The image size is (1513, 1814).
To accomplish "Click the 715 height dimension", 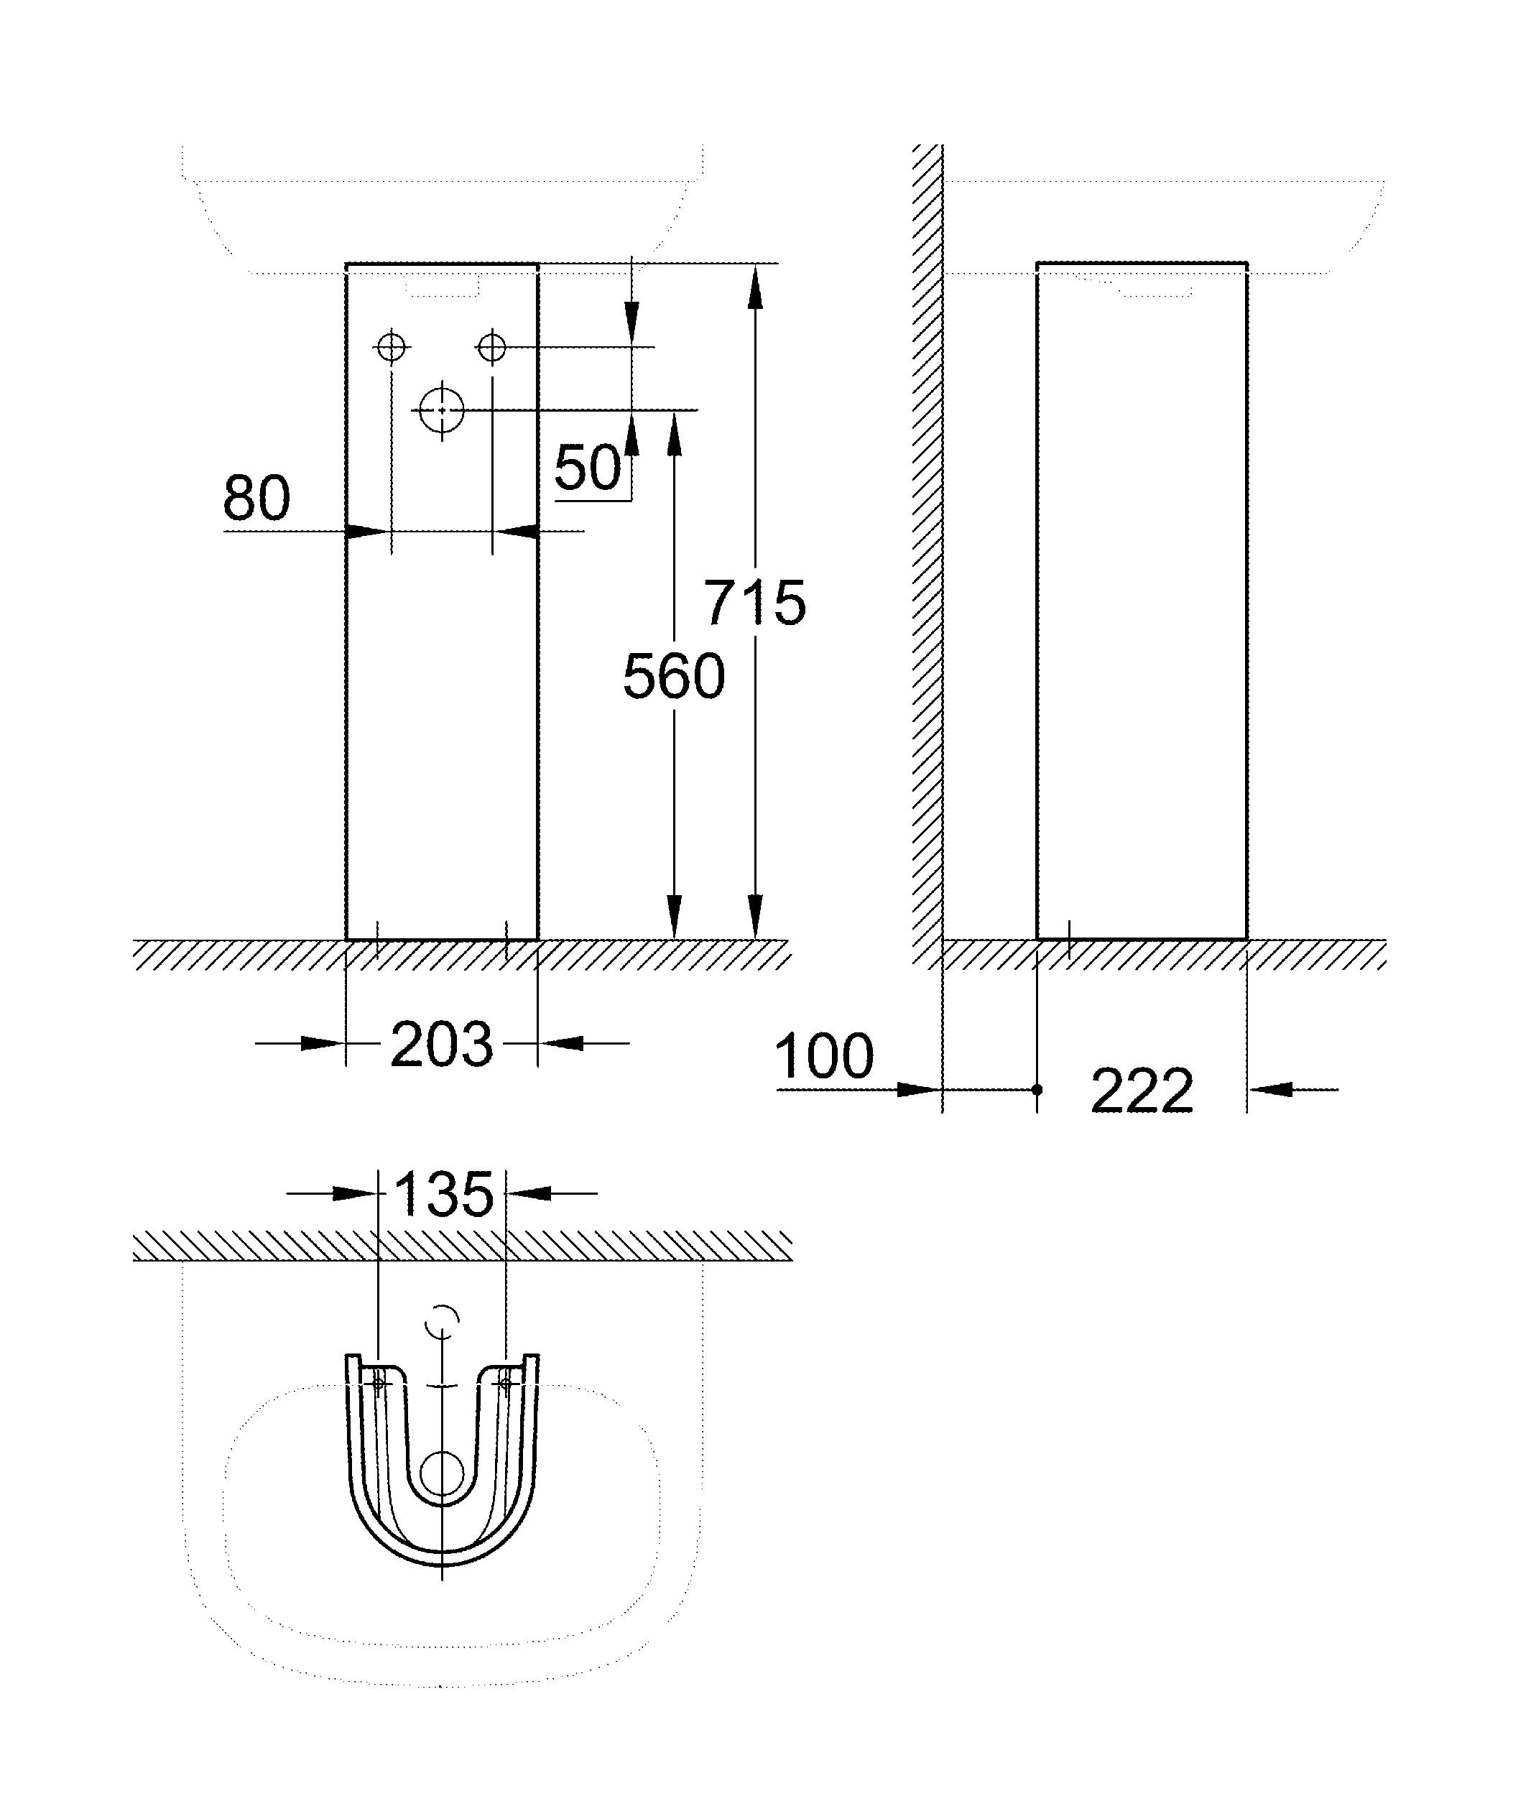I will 755,602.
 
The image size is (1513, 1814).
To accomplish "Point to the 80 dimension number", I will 256,499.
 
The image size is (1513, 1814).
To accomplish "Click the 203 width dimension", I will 441,1045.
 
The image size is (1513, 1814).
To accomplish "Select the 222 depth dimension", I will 1142,1092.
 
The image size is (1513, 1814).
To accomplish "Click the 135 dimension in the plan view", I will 443,1195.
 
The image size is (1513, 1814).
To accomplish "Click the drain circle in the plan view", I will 441,1474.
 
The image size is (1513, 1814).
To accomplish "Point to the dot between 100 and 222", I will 1037,1090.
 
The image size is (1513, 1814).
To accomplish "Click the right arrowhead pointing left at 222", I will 1270,1090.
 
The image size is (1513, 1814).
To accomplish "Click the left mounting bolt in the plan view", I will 378,1383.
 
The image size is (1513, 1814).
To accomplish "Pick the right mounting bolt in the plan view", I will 505,1383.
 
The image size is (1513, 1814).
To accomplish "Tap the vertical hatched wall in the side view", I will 927,553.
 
